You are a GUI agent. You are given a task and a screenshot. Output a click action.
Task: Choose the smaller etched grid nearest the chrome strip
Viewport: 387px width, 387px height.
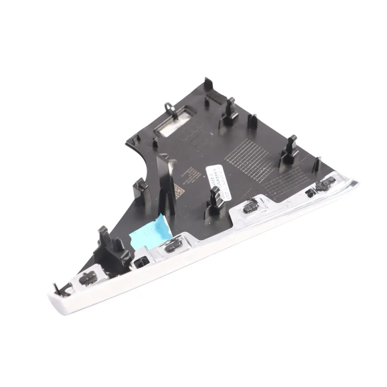pyautogui.click(x=287, y=182)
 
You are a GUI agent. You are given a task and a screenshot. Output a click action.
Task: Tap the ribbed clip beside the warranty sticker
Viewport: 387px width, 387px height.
pyautogui.click(x=215, y=200)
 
